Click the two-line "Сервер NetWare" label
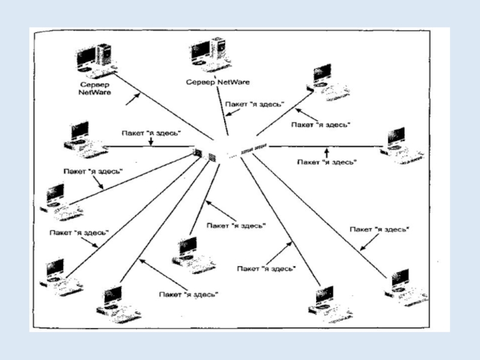point(95,89)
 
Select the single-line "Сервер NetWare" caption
point(218,82)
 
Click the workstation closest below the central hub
point(193,254)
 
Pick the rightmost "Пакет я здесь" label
point(380,229)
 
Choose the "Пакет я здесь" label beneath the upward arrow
point(328,161)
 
